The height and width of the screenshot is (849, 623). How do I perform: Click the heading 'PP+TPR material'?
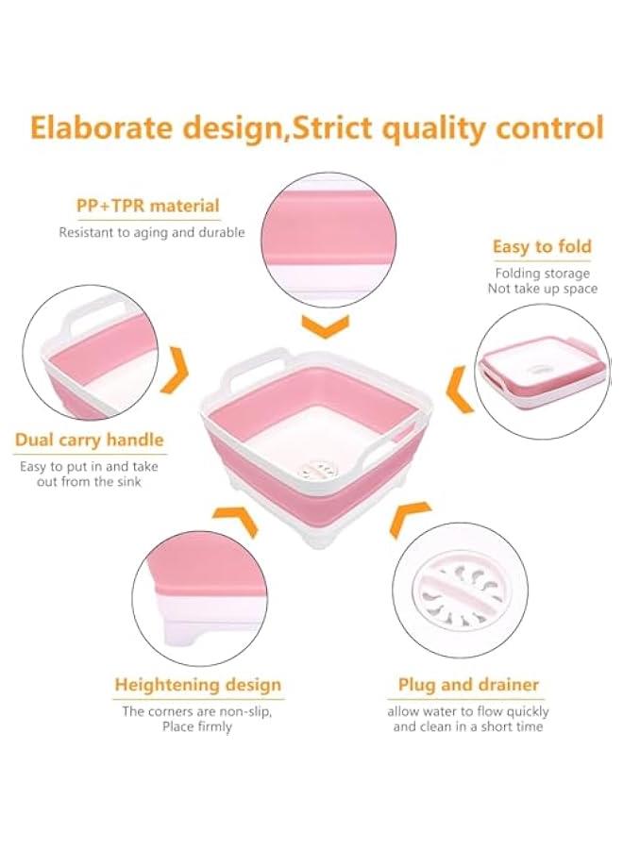pyautogui.click(x=147, y=206)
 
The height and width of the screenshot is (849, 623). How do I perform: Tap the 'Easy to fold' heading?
pyautogui.click(x=542, y=247)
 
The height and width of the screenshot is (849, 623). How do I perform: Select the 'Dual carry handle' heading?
pyautogui.click(x=90, y=440)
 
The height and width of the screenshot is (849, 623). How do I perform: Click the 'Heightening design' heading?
pyautogui.click(x=198, y=685)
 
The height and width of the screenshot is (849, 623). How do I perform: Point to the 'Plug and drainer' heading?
pyautogui.click(x=468, y=685)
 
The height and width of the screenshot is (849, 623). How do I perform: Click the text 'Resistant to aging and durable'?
pyautogui.click(x=152, y=232)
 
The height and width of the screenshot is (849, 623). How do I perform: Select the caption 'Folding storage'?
pyautogui.click(x=543, y=274)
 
